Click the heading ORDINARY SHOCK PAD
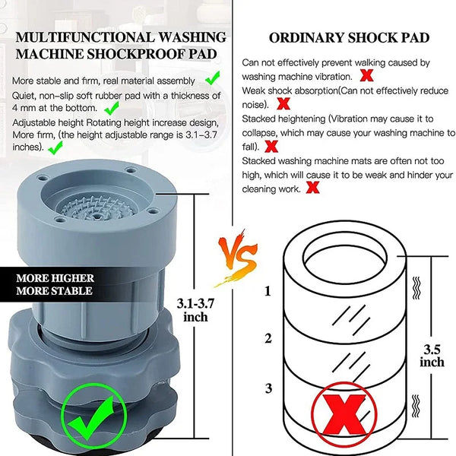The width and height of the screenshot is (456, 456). pos(349,37)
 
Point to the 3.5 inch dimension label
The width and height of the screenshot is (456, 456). pos(432,356)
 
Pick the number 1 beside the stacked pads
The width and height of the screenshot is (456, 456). pos(268,290)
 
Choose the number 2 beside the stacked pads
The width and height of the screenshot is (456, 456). pos(268,338)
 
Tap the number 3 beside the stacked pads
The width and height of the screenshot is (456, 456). pos(268,388)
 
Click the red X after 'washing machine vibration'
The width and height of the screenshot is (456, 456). pos(366,75)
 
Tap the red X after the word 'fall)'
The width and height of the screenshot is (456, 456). pos(271,146)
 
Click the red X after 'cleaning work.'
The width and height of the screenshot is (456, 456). pos(312,187)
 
